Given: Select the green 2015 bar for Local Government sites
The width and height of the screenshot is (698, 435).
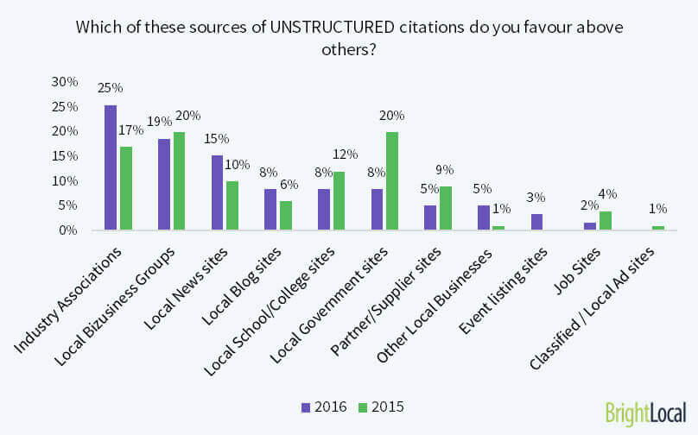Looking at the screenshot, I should click(392, 181).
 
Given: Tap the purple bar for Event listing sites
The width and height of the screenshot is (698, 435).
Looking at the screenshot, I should click(536, 222).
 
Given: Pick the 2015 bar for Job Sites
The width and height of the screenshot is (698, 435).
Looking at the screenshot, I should click(606, 221).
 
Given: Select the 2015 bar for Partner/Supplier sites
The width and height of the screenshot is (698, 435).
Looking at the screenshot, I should click(446, 209).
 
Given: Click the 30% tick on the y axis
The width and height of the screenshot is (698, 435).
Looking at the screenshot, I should click(65, 82).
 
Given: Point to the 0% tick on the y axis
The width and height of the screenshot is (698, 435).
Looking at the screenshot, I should click(68, 230).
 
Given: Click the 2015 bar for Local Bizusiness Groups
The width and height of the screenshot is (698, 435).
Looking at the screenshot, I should click(179, 181).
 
